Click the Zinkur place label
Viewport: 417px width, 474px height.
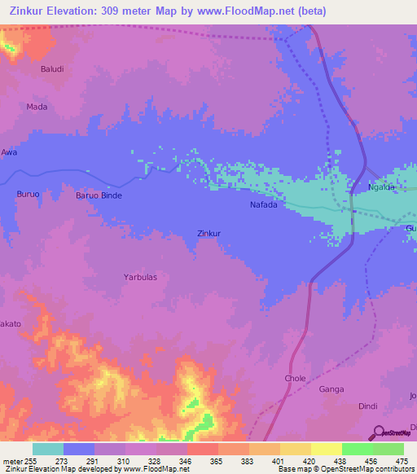210,233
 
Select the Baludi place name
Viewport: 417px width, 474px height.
52,69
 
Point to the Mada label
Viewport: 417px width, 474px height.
37,107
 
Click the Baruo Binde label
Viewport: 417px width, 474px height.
99,196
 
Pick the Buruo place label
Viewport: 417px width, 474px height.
28,194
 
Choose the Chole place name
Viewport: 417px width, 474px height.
295,379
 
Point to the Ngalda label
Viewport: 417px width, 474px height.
381,187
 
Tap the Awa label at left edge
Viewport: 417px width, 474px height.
8,152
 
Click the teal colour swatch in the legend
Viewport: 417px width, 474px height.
48,449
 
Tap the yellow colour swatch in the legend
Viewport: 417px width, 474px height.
327,449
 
